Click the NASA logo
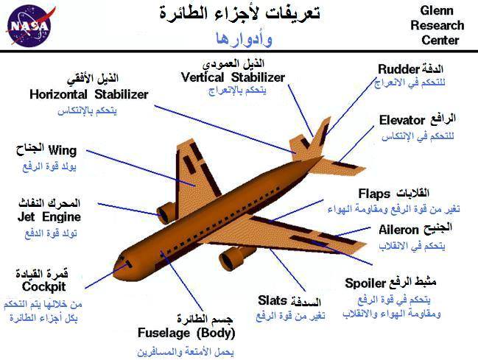pos(30,26)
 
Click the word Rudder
pos(398,69)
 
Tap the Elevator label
pos(402,121)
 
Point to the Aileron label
pos(398,230)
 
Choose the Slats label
pos(273,300)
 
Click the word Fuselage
pos(164,333)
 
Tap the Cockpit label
pos(43,287)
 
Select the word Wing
pos(63,151)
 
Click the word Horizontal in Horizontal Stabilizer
pos(58,94)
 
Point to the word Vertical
pos(203,77)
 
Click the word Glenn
pos(437,10)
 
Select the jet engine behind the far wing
pos(166,213)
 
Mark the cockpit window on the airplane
pos(128,264)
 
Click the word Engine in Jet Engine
pos(61,217)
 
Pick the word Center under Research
pos(440,40)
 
